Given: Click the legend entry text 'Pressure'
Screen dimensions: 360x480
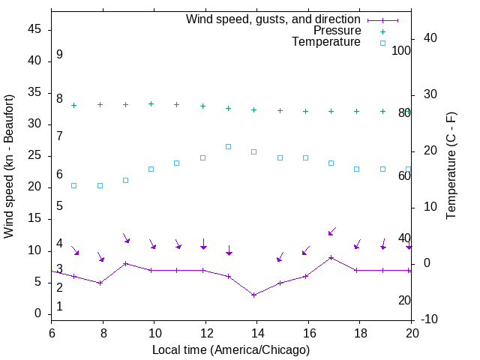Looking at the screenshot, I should point(337,31).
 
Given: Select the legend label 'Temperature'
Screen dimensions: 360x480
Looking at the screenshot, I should point(326,42).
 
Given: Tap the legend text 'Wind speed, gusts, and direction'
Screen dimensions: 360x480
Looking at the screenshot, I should point(274,19).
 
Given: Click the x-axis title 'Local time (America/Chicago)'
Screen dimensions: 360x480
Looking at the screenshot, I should point(231,349).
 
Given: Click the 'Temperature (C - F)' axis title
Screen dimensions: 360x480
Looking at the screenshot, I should point(451,166).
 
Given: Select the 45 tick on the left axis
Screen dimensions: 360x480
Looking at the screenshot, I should point(34,30).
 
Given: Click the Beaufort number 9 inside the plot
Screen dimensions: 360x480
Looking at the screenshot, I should point(59,55).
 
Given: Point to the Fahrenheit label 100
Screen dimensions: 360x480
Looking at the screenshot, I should point(402,50).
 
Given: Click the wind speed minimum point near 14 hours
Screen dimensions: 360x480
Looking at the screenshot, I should point(254,295).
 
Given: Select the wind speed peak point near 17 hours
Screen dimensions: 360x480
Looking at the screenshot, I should point(331,257).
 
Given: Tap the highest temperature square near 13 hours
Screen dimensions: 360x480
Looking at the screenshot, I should point(229,146).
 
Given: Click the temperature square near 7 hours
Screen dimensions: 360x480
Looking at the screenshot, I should point(73,185).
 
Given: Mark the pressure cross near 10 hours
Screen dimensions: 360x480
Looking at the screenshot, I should point(151,103).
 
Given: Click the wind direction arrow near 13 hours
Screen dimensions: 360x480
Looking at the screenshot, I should point(229,250).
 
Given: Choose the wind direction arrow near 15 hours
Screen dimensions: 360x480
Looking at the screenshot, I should point(280,256).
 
